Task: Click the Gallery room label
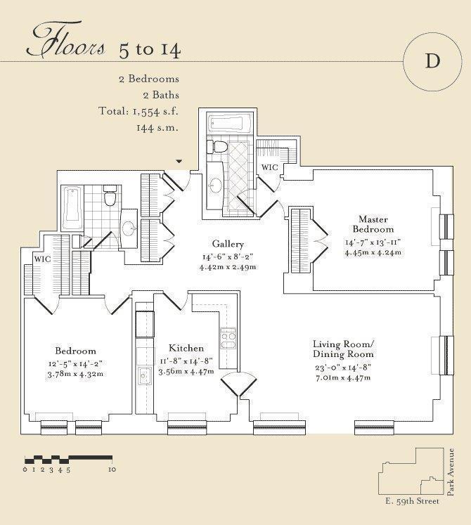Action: coord(228,244)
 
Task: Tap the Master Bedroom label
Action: coord(373,224)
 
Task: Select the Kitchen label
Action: coord(186,348)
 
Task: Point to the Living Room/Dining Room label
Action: coord(343,349)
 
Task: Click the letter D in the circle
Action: coord(432,61)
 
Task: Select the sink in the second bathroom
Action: coord(129,228)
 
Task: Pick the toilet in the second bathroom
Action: coord(110,195)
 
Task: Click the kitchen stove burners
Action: coord(228,339)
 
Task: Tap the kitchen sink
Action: coord(145,376)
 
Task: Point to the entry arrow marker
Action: coord(179,162)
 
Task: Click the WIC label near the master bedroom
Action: coord(270,167)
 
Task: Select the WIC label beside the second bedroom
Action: coord(43,259)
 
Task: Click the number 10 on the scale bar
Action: coord(112,469)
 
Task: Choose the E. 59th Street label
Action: coord(412,501)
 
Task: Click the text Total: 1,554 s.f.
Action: coord(138,111)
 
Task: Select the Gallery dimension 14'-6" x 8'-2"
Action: coord(228,257)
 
